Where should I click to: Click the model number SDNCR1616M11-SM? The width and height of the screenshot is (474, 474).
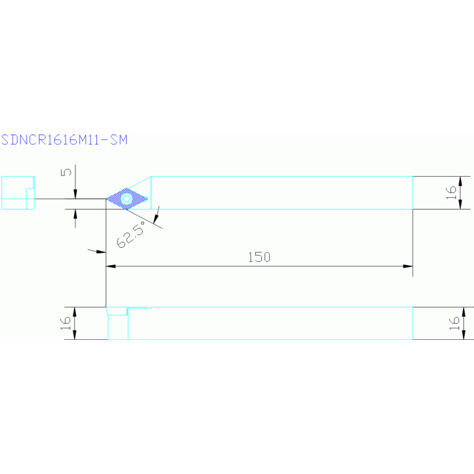64,140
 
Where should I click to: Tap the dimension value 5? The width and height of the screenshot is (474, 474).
68,172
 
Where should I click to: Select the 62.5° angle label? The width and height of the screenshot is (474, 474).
130,235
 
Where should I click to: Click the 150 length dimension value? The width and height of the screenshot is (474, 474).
259,257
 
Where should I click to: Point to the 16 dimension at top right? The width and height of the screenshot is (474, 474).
451,192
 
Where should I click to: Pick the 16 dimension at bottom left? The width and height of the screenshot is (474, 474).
66,324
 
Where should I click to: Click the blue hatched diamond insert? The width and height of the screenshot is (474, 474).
127,198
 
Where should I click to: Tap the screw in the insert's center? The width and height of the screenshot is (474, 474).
126,198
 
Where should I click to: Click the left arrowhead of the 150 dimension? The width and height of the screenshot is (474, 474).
111,266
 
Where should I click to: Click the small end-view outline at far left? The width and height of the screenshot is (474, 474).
17,193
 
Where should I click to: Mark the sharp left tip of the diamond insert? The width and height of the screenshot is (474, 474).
107,199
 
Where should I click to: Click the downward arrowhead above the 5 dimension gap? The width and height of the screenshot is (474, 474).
75,195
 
